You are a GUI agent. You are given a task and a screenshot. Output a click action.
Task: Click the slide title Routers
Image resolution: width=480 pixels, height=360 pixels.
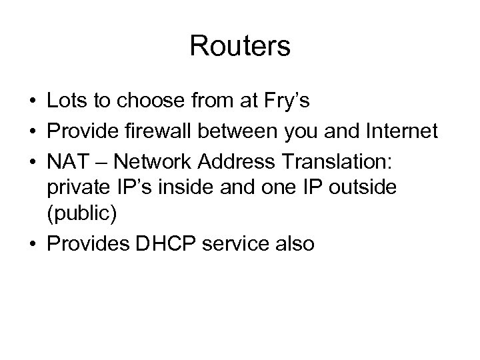tap(240, 46)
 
